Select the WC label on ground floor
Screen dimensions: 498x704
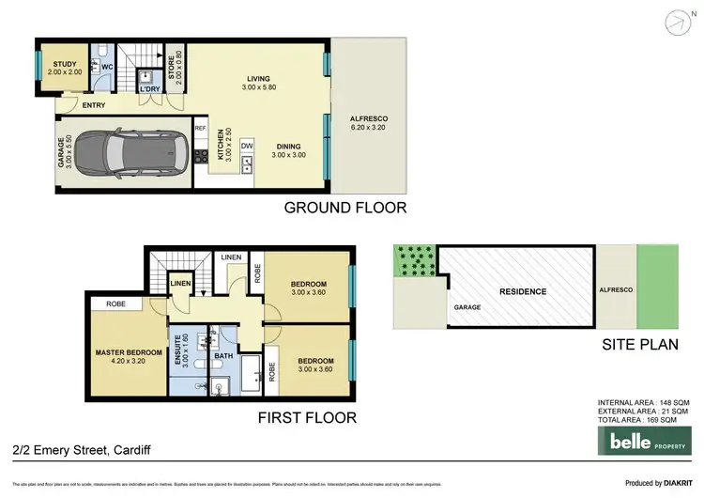pyautogui.click(x=107, y=67)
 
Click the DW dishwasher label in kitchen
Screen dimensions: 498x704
pyautogui.click(x=247, y=146)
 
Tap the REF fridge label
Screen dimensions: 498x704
pyautogui.click(x=200, y=129)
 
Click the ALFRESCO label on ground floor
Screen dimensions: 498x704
pyautogui.click(x=369, y=119)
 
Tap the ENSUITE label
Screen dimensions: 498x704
pyautogui.click(x=177, y=348)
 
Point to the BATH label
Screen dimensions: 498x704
pyautogui.click(x=222, y=356)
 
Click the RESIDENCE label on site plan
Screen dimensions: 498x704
pyautogui.click(x=522, y=291)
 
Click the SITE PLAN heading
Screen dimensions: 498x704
pyautogui.click(x=639, y=345)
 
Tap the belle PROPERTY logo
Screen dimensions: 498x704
pyautogui.click(x=643, y=441)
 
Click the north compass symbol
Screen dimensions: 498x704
pyautogui.click(x=680, y=22)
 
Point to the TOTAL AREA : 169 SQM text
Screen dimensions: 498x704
pyautogui.click(x=643, y=420)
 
